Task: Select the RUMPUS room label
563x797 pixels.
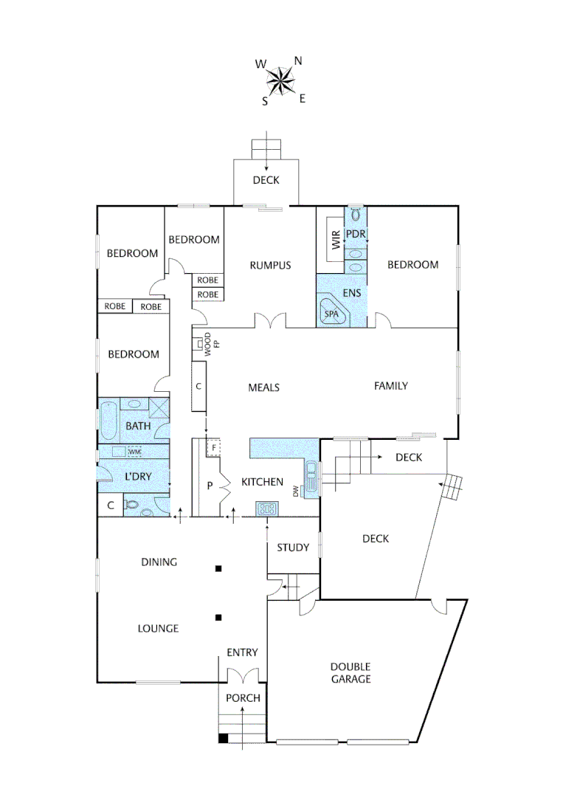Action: [x=270, y=266]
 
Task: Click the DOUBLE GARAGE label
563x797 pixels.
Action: [x=350, y=672]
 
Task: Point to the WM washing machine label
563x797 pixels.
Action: [x=134, y=452]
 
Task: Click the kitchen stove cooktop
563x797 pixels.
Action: [x=266, y=508]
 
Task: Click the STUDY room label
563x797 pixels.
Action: [x=292, y=548]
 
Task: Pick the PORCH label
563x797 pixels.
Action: [x=243, y=698]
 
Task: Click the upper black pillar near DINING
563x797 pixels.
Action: [x=218, y=568]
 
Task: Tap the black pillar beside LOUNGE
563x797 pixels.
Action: [x=218, y=617]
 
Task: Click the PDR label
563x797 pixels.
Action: [x=356, y=234]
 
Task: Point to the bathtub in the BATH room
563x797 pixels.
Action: [x=108, y=419]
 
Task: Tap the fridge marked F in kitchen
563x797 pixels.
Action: [x=213, y=447]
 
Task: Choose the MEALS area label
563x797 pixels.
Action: [x=263, y=387]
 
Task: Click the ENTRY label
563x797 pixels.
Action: [x=242, y=652]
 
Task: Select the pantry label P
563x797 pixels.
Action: [x=209, y=485]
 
